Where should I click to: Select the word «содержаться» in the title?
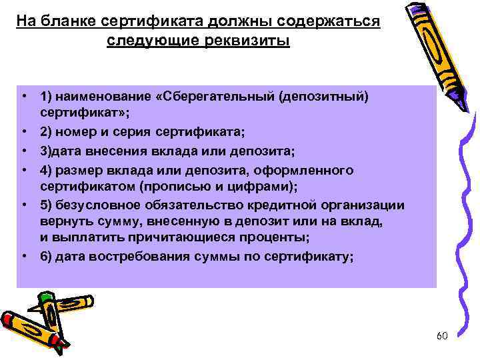pyautogui.click(x=339, y=22)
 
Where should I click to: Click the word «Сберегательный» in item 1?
pyautogui.click(x=213, y=97)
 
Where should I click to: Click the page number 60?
pyautogui.click(x=441, y=335)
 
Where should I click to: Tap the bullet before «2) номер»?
pyautogui.click(x=24, y=132)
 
